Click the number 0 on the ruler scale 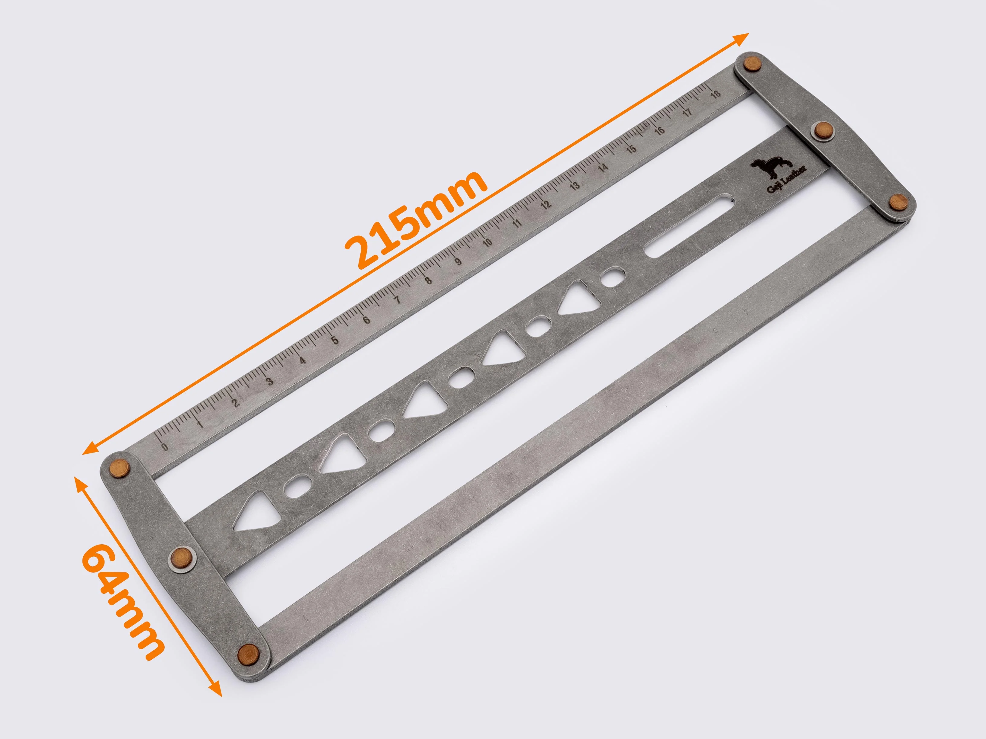click(165, 447)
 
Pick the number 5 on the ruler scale click(335, 340)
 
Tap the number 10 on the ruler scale click(487, 243)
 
